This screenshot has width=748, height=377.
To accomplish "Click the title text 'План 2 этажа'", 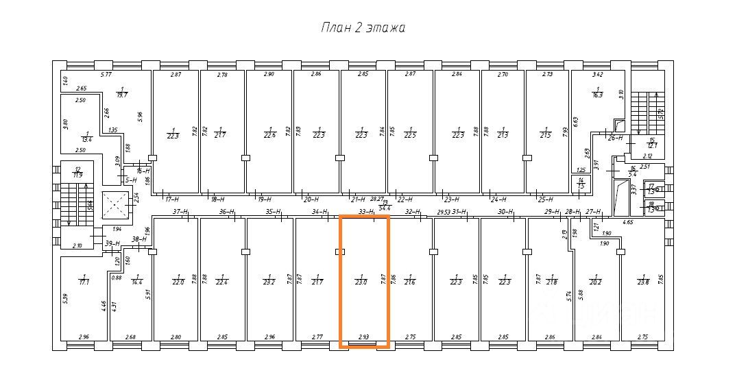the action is click(x=363, y=28).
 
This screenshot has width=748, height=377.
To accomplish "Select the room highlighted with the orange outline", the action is click(x=364, y=282).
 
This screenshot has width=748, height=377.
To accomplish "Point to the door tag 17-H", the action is click(x=172, y=199).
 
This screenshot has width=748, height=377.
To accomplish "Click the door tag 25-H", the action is click(x=546, y=199).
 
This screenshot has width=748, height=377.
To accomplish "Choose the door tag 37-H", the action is click(x=180, y=212).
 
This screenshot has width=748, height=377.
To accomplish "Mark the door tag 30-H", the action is click(x=506, y=212).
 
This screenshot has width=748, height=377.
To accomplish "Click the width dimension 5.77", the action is click(x=106, y=74).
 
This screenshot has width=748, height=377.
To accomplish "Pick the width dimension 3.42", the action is click(x=598, y=74).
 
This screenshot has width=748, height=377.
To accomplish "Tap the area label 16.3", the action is click(x=598, y=94).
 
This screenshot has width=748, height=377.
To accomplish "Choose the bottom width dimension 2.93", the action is click(x=363, y=337).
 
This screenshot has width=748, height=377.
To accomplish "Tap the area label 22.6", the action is click(x=270, y=134).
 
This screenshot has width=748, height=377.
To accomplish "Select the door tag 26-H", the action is click(x=614, y=137).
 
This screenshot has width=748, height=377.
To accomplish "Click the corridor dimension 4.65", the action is click(x=628, y=222).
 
